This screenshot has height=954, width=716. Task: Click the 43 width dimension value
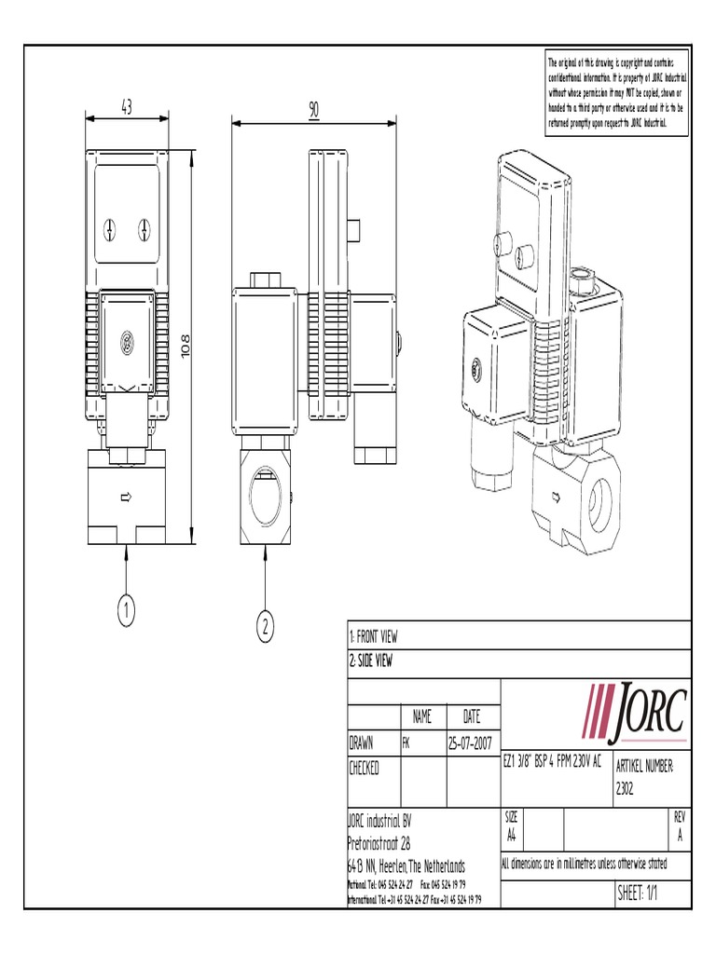click(x=126, y=107)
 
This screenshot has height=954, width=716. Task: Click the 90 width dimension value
click(x=313, y=110)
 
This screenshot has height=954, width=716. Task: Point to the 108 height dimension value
click(x=210, y=349)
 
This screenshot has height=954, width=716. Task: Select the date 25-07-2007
click(x=472, y=743)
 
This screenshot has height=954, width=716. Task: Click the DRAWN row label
click(x=362, y=743)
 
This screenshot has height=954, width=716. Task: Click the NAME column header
click(x=422, y=717)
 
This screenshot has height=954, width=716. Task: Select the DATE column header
click(x=472, y=717)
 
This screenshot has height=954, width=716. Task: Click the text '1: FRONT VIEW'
click(x=374, y=637)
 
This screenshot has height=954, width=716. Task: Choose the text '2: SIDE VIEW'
click(x=371, y=661)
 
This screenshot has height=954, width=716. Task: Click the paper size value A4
click(x=512, y=835)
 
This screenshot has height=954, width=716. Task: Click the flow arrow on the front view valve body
click(x=126, y=498)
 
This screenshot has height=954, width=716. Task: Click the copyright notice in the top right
click(x=616, y=91)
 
